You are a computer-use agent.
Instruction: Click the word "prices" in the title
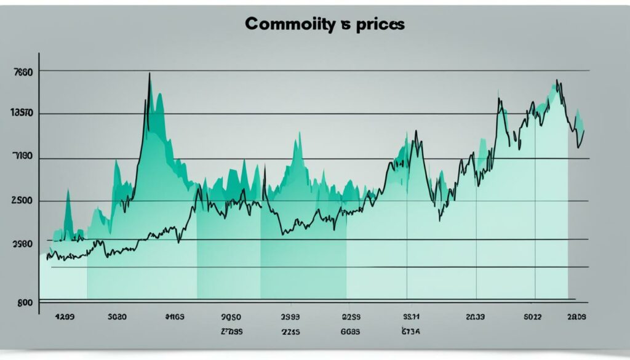tap(380, 25)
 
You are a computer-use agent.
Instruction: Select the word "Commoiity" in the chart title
tap(290, 25)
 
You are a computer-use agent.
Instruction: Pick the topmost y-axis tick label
tap(22, 71)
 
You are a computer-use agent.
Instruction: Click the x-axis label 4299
tap(65, 319)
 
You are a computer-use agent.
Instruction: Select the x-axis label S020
tap(117, 319)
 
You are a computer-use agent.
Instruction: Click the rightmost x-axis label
tap(576, 319)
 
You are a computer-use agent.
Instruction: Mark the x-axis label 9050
tap(230, 319)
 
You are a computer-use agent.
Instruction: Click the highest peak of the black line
tap(150, 74)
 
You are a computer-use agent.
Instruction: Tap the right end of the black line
tap(583, 130)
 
